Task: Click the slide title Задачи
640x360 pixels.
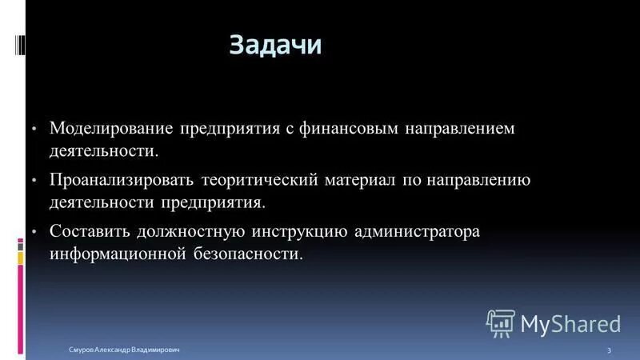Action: coord(275,45)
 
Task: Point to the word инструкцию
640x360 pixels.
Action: coord(300,232)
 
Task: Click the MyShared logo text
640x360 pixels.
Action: coord(570,323)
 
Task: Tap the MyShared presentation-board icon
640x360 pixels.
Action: coord(500,322)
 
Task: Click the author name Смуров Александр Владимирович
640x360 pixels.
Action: coord(123,350)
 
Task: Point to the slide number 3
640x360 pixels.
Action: coord(610,350)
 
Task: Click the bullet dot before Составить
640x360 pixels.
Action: coord(34,232)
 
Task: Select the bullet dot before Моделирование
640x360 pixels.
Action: coord(34,129)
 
